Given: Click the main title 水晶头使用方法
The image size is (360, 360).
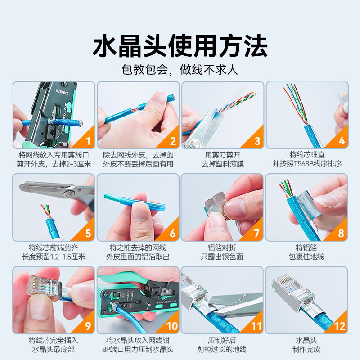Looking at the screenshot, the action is coord(180,46).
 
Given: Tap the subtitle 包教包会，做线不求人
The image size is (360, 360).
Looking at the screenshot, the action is coord(180,70).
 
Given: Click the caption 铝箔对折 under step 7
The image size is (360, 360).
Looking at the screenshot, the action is coord(222,248).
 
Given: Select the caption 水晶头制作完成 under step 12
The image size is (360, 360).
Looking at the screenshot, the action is coord(306,345).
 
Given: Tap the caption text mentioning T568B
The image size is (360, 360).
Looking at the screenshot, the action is coord(307,164).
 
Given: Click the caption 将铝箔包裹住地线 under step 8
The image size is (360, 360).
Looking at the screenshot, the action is coord(306,252).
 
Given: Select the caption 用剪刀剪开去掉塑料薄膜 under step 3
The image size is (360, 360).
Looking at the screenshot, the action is coord(223,160).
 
